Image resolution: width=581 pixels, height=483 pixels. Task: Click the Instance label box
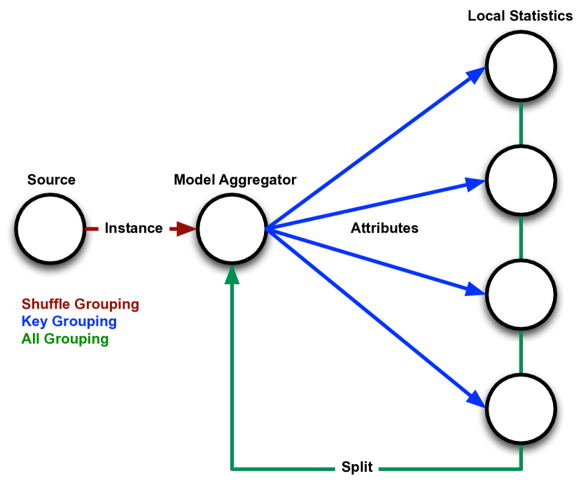134,228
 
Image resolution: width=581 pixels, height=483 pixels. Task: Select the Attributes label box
384,228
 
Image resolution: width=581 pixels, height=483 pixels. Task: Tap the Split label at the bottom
357,467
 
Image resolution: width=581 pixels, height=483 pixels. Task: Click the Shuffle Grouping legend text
80,304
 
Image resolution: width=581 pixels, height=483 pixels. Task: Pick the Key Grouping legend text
69,322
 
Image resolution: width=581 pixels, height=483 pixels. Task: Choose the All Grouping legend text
65,339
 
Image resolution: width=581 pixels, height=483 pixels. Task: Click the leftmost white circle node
50,229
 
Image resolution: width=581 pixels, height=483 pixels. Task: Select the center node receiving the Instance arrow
232,229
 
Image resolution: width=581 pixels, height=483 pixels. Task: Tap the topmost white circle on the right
521,66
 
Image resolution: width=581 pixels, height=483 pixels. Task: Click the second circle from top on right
521,181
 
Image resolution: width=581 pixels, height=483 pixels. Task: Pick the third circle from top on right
521,295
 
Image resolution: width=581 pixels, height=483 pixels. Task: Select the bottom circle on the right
521,409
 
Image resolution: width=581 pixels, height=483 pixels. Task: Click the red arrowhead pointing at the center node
186,229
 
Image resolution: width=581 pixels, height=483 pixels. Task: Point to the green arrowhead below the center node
232,275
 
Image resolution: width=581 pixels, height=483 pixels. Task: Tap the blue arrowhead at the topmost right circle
477,74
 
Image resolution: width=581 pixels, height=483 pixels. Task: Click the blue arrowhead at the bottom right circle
477,399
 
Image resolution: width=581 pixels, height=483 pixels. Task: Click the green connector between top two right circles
521,123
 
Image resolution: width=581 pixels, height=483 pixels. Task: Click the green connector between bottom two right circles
521,351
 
